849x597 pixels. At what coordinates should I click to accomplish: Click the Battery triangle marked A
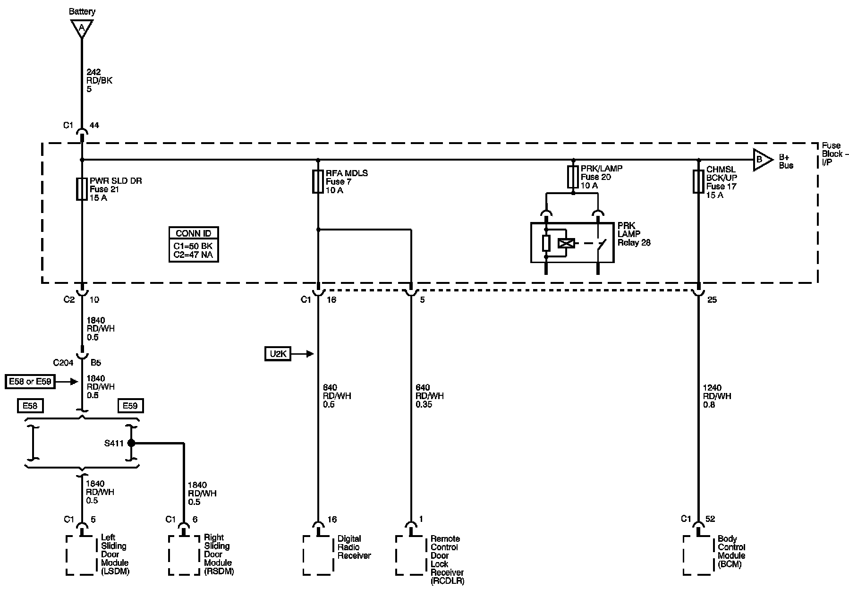tap(82, 28)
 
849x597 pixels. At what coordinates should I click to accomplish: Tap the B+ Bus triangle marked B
tap(762, 160)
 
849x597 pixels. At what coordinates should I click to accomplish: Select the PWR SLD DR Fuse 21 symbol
tap(82, 189)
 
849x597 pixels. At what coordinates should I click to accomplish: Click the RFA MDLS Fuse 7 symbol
tap(318, 182)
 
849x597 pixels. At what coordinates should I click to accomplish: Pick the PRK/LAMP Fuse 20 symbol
tap(573, 177)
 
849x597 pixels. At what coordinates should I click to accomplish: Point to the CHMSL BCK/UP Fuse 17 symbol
tap(698, 181)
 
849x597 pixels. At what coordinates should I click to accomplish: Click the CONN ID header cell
tap(194, 233)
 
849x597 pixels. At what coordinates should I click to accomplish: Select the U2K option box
tap(278, 354)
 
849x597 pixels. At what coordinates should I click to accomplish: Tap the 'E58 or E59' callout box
tap(30, 381)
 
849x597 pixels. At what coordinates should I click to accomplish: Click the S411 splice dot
tap(131, 443)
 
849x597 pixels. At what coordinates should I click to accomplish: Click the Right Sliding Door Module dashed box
tap(184, 555)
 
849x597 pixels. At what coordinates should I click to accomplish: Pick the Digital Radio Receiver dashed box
tap(318, 555)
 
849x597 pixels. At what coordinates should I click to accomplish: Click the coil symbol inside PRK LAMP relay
tap(566, 243)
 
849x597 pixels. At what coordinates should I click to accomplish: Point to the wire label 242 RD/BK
tap(99, 80)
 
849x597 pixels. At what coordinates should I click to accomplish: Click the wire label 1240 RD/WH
tap(717, 396)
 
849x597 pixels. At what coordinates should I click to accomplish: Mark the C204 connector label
tap(63, 363)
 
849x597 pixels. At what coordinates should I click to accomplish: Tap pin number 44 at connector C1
tap(94, 126)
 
